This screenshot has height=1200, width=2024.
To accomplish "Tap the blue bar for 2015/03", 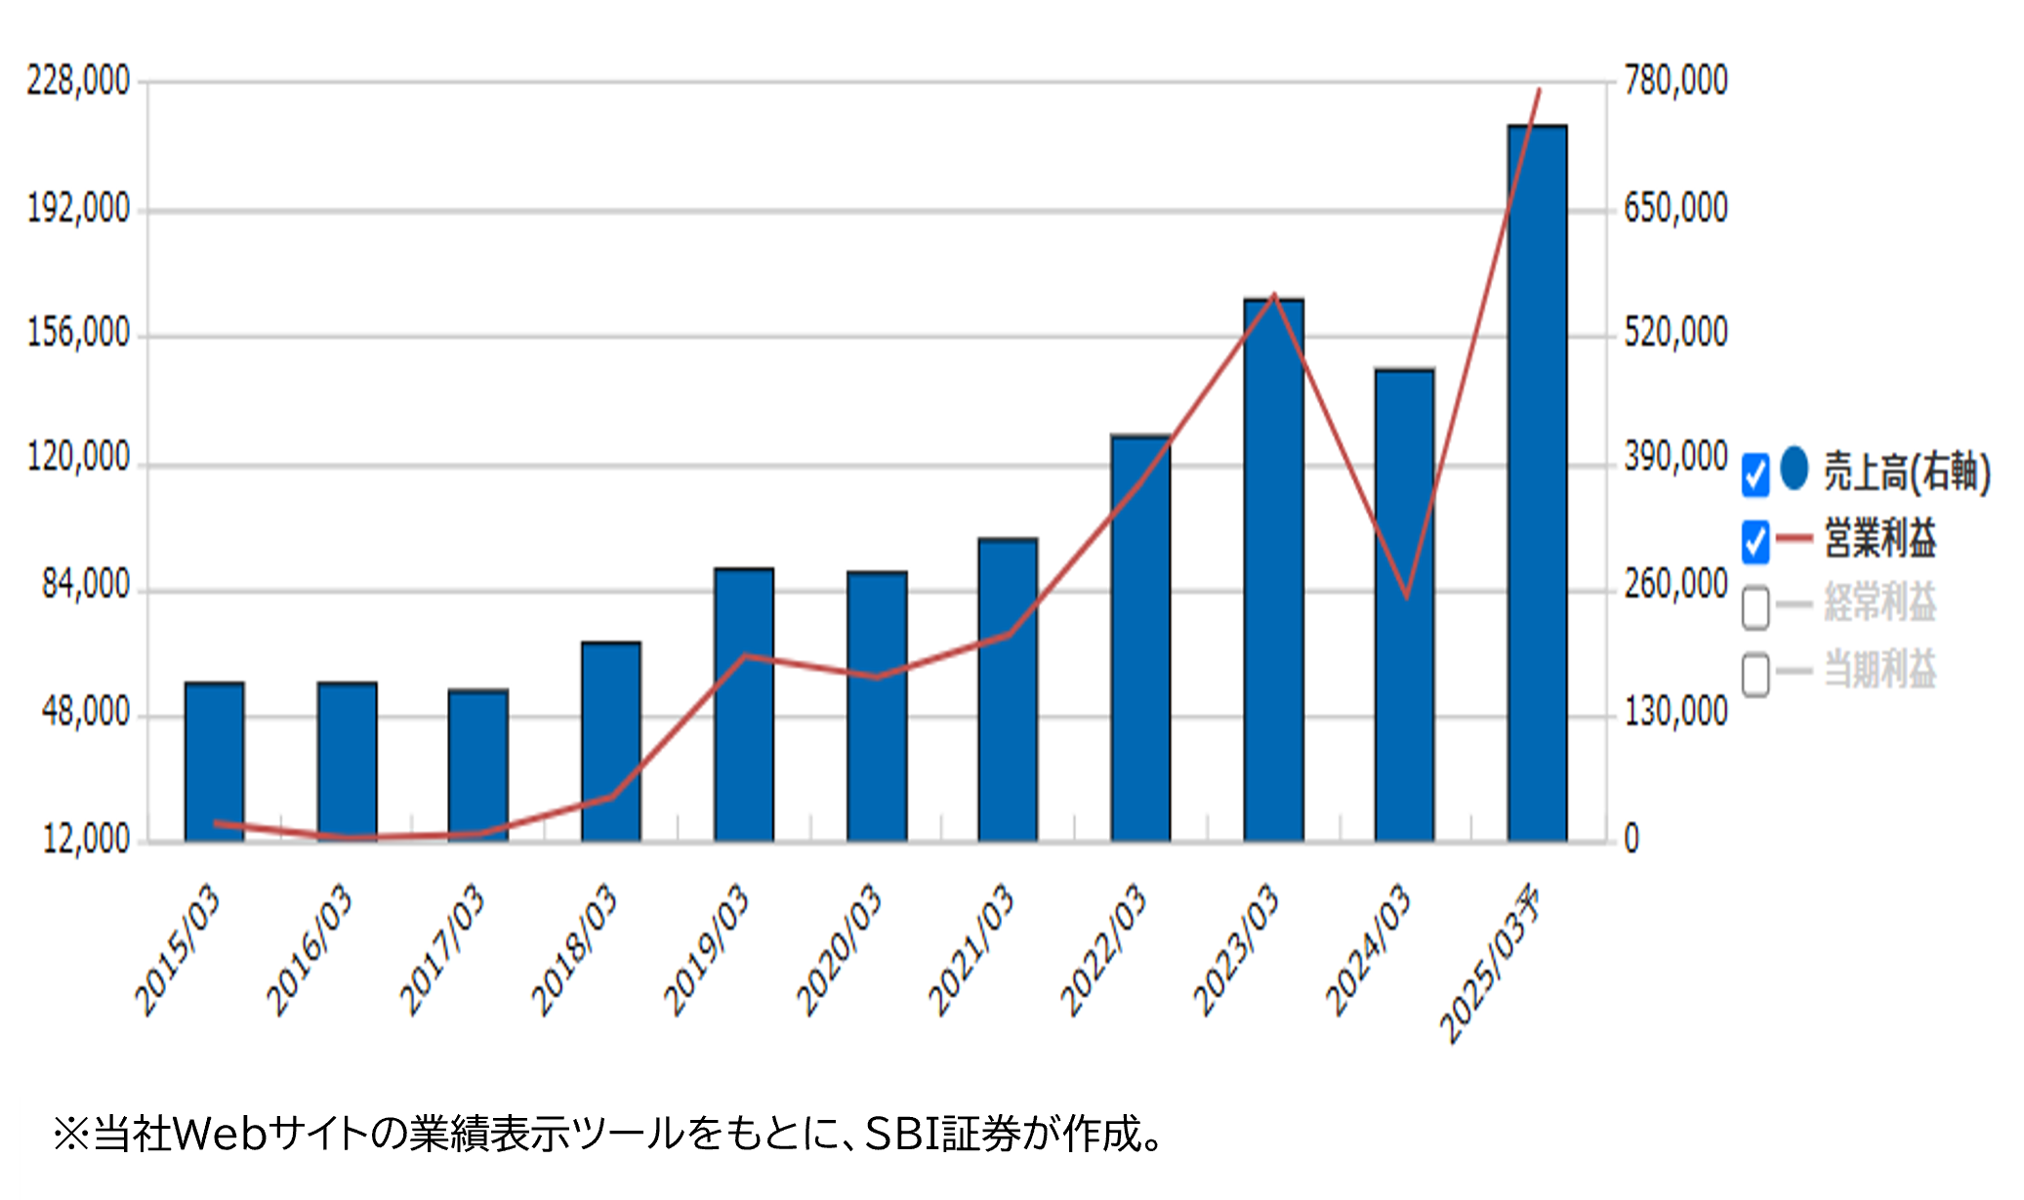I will coord(214,762).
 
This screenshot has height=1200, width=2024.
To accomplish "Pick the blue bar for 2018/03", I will coord(610,741).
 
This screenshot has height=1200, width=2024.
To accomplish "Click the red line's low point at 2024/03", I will coord(1406,597).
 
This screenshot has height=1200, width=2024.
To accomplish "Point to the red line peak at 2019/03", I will coord(745,655).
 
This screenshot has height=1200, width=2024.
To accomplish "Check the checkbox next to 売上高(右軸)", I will coord(1756,475).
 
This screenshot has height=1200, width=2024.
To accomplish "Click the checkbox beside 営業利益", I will coord(1756,541).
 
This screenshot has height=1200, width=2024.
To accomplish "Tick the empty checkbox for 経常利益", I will coord(1756,606).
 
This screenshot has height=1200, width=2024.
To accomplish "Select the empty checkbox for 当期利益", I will coord(1756,674).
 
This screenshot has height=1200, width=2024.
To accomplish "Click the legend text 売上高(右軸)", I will coord(1907,472).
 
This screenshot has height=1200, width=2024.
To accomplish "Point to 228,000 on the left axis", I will coord(78,81).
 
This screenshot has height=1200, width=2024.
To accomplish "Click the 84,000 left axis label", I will coord(86,585).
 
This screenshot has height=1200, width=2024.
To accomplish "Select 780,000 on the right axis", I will coord(1675,81).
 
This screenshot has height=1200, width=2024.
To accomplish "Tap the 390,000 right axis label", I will coord(1675,457).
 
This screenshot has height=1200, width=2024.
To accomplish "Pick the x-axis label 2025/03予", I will coord(1491,963).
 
